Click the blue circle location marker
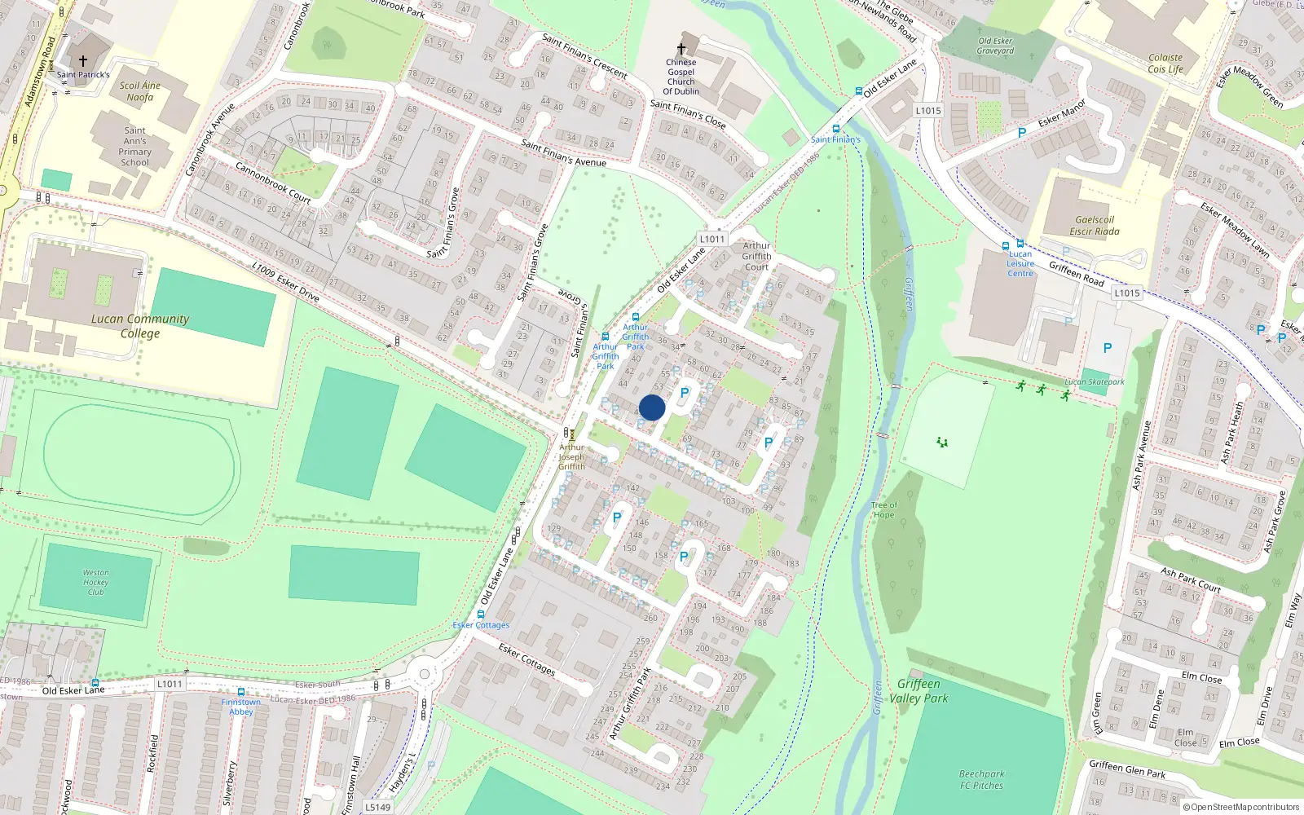click(x=652, y=407)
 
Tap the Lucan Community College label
click(x=140, y=326)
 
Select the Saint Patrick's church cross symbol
click(x=83, y=61)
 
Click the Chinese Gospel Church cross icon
click(x=681, y=49)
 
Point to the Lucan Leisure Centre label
click(x=1020, y=264)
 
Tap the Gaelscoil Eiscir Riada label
click(x=1095, y=226)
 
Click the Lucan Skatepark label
click(x=1095, y=381)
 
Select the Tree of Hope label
click(x=883, y=510)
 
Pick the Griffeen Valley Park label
click(x=919, y=691)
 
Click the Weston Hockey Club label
click(x=95, y=582)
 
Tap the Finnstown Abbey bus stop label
click(x=241, y=707)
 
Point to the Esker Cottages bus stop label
click(x=481, y=625)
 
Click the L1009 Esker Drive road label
click(x=285, y=281)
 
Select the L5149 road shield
click(x=377, y=807)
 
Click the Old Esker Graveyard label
click(x=996, y=46)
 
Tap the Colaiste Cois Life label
click(x=1165, y=64)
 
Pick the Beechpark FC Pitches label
click(x=982, y=780)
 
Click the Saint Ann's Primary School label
click(x=135, y=147)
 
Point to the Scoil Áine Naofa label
click(x=140, y=91)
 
